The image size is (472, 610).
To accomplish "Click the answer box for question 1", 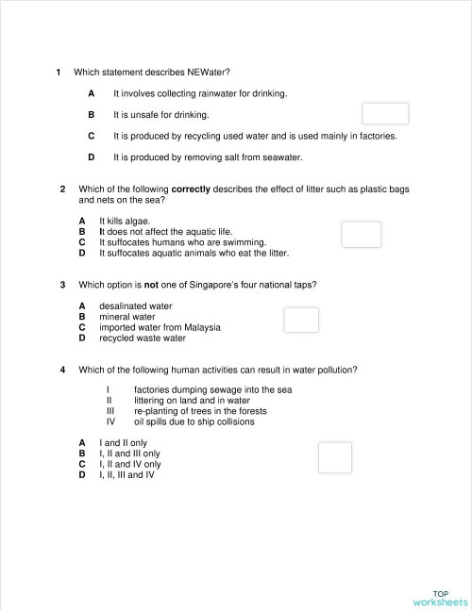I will (385, 114).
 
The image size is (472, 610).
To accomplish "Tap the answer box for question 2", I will (362, 235).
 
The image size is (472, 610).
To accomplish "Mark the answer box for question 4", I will (334, 457).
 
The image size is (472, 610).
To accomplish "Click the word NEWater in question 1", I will (208, 73).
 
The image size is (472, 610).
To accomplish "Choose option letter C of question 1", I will (91, 136).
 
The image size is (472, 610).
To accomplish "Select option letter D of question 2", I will (82, 253).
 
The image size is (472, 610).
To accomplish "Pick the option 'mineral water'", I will (127, 317).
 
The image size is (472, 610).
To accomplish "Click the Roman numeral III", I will (110, 411).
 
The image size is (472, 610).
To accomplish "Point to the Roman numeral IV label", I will (110, 421).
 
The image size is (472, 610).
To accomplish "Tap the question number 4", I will (62, 370).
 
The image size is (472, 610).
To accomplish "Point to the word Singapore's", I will (234, 284).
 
